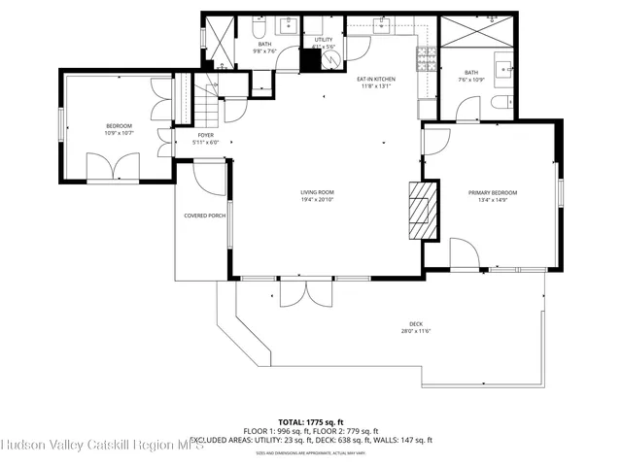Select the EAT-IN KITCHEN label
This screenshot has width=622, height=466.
click(375, 78)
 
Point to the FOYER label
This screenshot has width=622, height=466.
click(205, 135)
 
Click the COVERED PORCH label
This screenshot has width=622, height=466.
click(203, 216)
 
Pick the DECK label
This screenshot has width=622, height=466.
click(416, 324)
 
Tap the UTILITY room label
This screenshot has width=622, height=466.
click(324, 40)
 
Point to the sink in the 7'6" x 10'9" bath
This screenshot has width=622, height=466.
click(504, 68)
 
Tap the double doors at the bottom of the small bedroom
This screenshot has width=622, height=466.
click(114, 167)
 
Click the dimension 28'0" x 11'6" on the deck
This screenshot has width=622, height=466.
click(416, 332)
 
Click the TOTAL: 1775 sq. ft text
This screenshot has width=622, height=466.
click(310, 422)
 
